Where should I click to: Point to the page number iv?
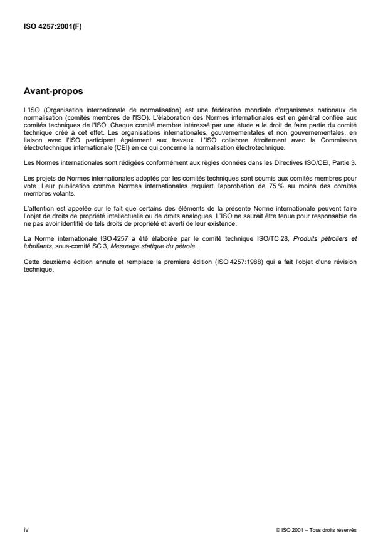point(25,529)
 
